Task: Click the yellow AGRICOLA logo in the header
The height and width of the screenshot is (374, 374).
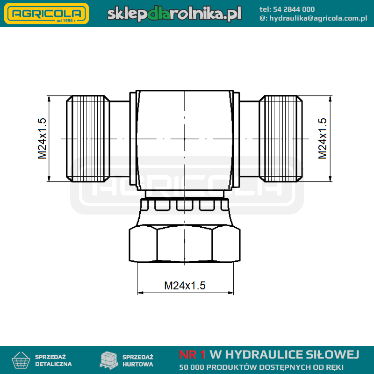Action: (47, 14)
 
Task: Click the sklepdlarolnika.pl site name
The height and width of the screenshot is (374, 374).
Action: (174, 14)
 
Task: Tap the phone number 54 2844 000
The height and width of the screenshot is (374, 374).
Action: (294, 9)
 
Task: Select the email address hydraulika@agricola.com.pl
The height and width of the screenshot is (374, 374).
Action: (318, 18)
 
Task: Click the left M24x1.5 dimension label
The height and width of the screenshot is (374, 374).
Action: (42, 138)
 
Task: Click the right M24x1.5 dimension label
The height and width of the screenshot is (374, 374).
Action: (323, 138)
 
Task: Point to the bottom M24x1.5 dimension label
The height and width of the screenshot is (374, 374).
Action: (185, 286)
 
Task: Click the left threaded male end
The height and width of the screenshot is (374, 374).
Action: (88, 138)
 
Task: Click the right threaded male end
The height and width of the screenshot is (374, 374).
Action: (281, 138)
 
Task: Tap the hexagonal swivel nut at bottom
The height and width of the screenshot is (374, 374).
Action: (185, 244)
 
